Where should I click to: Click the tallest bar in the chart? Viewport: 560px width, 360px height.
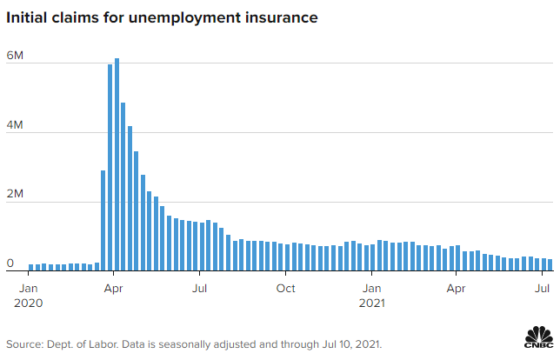click(x=117, y=164)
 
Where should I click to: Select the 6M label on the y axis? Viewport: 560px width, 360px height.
click(x=15, y=56)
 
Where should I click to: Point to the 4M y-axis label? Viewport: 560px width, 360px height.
click(x=15, y=124)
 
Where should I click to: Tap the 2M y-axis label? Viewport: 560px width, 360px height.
click(x=15, y=194)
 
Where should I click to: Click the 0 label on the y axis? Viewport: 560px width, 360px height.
click(x=10, y=263)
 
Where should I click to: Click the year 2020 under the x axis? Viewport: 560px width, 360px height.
click(x=28, y=303)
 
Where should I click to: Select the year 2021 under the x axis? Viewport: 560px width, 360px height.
click(x=372, y=303)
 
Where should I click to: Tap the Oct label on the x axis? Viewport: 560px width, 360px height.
click(x=286, y=288)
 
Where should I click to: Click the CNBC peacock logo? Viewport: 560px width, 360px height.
click(x=539, y=337)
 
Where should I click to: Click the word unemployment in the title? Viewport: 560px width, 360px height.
click(x=184, y=18)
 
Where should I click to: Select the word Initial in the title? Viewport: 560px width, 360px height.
click(x=27, y=17)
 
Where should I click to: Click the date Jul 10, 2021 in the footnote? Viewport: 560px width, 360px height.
click(x=352, y=344)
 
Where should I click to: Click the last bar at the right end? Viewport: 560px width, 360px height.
click(x=550, y=264)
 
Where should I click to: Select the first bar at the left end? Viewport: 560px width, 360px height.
click(x=30, y=268)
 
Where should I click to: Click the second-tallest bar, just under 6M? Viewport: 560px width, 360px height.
click(x=110, y=168)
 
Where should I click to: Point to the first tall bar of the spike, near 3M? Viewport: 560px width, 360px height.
click(x=103, y=220)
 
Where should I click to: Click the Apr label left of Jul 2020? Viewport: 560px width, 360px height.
click(x=113, y=289)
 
